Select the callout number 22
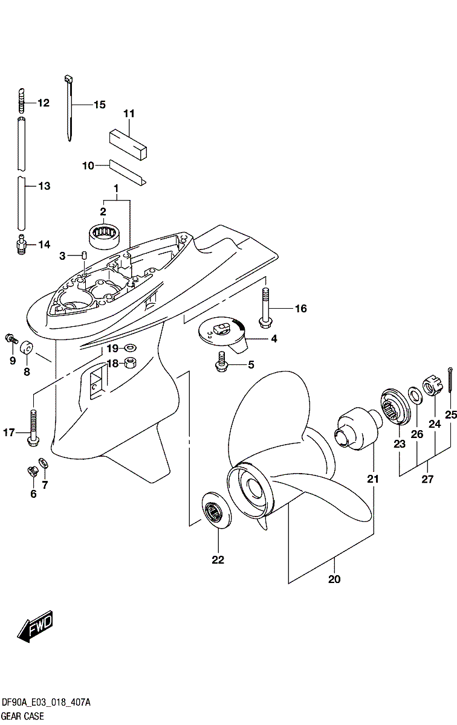tap(218, 559)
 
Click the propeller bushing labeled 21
tap(360, 428)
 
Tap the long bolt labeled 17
tap(33, 428)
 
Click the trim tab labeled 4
tap(223, 334)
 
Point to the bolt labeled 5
tap(221, 362)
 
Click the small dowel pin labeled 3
tap(84, 255)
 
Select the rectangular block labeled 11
tap(128, 144)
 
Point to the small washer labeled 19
tap(130, 348)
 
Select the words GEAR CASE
tap(23, 716)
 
